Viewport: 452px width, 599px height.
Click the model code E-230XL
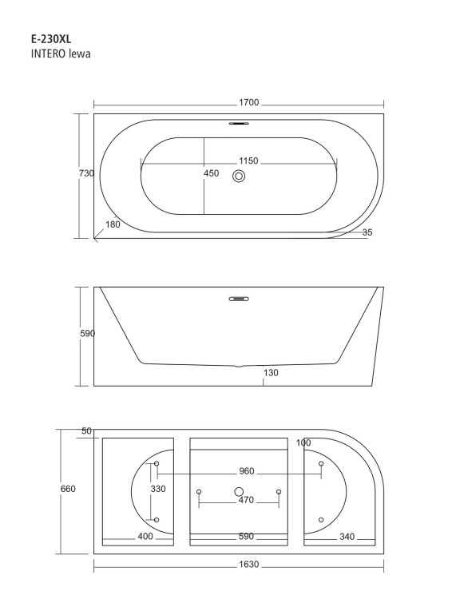click(51, 39)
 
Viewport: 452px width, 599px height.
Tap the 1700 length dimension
click(248, 102)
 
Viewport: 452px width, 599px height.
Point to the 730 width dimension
click(86, 173)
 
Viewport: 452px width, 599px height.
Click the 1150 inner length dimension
click(248, 161)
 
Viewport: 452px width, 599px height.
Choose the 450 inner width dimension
click(211, 173)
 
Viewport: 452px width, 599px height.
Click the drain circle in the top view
click(239, 177)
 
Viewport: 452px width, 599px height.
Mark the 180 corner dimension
click(113, 224)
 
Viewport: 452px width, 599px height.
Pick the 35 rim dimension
click(367, 232)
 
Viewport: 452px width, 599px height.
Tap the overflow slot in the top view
click(239, 123)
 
